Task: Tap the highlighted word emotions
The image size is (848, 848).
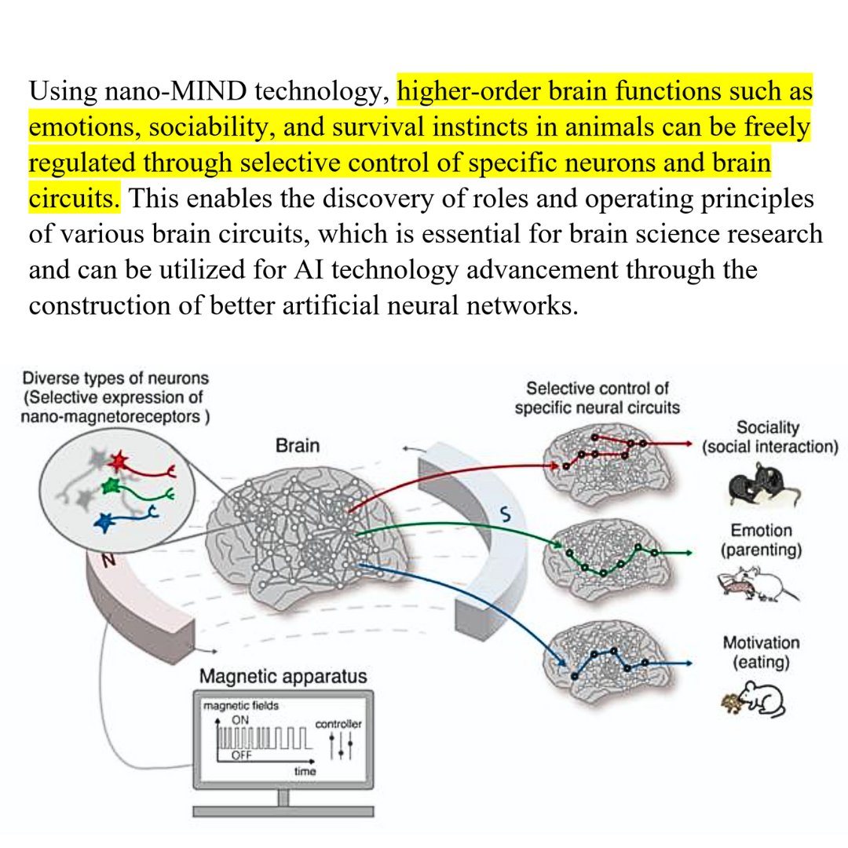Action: pos(87,126)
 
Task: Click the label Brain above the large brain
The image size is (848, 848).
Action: pos(298,446)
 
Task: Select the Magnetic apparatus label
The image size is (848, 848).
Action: pos(283,676)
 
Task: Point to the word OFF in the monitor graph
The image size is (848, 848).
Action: pos(243,755)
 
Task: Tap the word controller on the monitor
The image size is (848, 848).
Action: pos(338,723)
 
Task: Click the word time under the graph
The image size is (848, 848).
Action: pos(305,772)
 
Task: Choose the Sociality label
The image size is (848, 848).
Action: pos(768,428)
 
